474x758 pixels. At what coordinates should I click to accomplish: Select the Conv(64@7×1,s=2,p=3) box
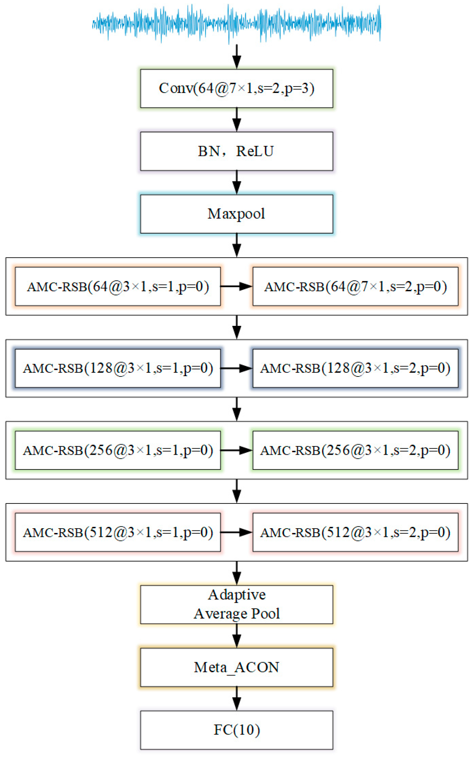[236, 88]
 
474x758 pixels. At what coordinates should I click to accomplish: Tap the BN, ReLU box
[236, 151]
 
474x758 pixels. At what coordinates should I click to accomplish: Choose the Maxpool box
[236, 214]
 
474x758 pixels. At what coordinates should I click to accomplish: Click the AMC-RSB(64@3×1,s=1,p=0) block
[118, 286]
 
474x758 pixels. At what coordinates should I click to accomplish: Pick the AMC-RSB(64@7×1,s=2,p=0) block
[355, 286]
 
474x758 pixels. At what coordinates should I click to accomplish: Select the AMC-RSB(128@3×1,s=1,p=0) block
[118, 368]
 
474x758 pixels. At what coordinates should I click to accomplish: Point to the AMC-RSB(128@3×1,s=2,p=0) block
[355, 368]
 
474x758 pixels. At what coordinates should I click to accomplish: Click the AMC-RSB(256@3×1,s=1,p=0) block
[118, 450]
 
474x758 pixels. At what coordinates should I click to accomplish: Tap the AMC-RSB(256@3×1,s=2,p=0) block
[355, 450]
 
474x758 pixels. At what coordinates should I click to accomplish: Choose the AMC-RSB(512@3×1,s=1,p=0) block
[118, 532]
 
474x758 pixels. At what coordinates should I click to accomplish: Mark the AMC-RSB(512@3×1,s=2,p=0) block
[355, 532]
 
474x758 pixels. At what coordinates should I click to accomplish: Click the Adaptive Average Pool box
[236, 604]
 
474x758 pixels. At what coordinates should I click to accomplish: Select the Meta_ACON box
[236, 667]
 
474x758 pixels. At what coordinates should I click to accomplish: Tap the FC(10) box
[236, 730]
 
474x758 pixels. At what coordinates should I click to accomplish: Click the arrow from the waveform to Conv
[236, 57]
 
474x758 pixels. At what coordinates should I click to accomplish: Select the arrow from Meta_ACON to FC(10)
[236, 698]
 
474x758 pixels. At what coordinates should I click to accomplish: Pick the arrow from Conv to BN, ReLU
[236, 120]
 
